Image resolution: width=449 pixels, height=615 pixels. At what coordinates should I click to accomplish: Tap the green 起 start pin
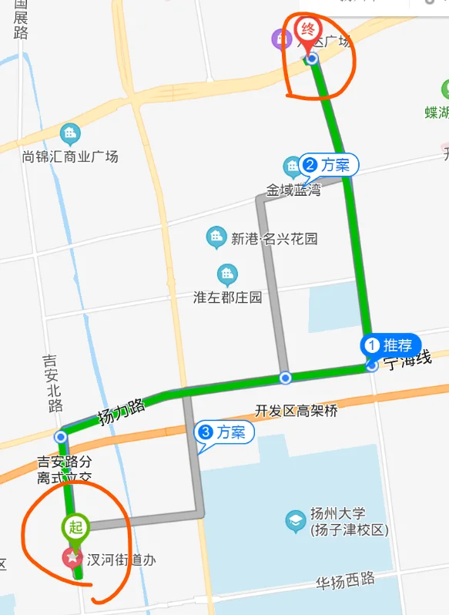coord(75,527)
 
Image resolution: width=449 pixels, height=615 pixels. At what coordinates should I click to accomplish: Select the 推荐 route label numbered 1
coord(391,344)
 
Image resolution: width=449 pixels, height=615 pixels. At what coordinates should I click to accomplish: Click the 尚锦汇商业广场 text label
coord(70,157)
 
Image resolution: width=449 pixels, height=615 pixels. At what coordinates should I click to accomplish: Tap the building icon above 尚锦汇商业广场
coord(70,134)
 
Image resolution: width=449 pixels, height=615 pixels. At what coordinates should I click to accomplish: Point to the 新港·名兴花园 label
coord(274,239)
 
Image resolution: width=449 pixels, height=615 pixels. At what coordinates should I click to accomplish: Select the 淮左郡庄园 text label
coord(228,297)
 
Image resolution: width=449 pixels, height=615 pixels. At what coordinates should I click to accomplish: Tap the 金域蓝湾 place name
coord(293,190)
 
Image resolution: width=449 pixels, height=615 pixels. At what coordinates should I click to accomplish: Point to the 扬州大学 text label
coord(350,522)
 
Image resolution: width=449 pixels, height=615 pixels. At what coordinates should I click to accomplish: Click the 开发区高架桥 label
coord(296,411)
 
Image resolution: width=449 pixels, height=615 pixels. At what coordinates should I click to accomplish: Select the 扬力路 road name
coord(122,413)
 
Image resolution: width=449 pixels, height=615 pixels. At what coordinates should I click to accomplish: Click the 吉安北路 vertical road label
coord(52,383)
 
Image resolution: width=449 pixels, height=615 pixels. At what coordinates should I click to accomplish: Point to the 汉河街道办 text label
coord(122,560)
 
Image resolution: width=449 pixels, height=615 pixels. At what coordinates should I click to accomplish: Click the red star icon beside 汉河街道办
coord(72,556)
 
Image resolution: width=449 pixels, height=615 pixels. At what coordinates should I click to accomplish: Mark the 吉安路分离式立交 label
coord(65,469)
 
